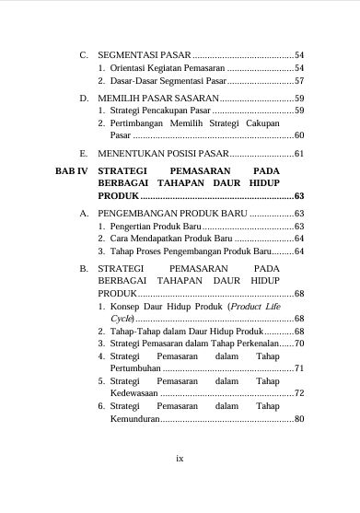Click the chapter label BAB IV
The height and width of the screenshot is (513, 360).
click(70, 171)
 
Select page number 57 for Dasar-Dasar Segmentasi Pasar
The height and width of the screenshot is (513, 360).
click(299, 81)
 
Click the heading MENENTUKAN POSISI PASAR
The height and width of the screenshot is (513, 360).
click(161, 153)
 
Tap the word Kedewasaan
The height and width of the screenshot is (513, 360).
click(128, 393)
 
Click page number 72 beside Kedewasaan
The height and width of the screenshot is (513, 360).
click(299, 393)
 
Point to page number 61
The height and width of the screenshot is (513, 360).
click(299, 153)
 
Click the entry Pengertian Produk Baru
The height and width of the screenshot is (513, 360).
click(154, 226)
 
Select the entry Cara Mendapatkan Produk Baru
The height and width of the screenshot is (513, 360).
click(165, 239)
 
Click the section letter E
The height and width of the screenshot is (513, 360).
click(84, 153)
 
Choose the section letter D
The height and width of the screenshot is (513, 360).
click(84, 97)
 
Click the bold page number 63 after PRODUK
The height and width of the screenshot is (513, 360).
click(299, 196)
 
